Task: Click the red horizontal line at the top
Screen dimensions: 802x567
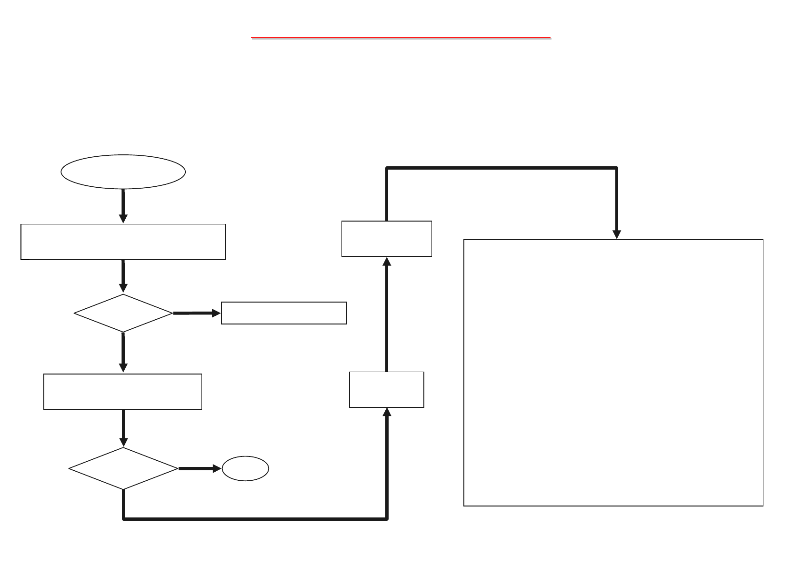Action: pyautogui.click(x=401, y=37)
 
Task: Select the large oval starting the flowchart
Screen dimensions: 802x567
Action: pyautogui.click(x=123, y=172)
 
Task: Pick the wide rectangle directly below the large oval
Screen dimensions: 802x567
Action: pyautogui.click(x=123, y=242)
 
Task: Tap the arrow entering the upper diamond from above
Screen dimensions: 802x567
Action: pyautogui.click(x=123, y=276)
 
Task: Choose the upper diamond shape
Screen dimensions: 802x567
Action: pyautogui.click(x=123, y=313)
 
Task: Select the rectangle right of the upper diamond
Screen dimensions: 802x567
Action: pyautogui.click(x=284, y=313)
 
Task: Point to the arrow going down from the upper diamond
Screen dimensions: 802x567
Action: pyautogui.click(x=123, y=353)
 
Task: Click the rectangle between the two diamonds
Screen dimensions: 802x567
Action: pyautogui.click(x=122, y=392)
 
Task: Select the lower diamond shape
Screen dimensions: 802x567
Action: pyautogui.click(x=123, y=468)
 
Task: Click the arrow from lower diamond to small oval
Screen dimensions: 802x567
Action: pyautogui.click(x=200, y=468)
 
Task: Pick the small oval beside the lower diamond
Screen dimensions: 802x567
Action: pyautogui.click(x=245, y=469)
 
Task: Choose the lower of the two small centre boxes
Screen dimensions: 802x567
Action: pyautogui.click(x=387, y=390)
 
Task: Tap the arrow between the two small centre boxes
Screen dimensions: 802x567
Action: pyautogui.click(x=387, y=314)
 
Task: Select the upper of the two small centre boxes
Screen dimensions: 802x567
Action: pyautogui.click(x=387, y=239)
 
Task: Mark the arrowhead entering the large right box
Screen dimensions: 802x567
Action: pyautogui.click(x=617, y=234)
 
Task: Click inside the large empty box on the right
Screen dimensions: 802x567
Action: pyautogui.click(x=613, y=373)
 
